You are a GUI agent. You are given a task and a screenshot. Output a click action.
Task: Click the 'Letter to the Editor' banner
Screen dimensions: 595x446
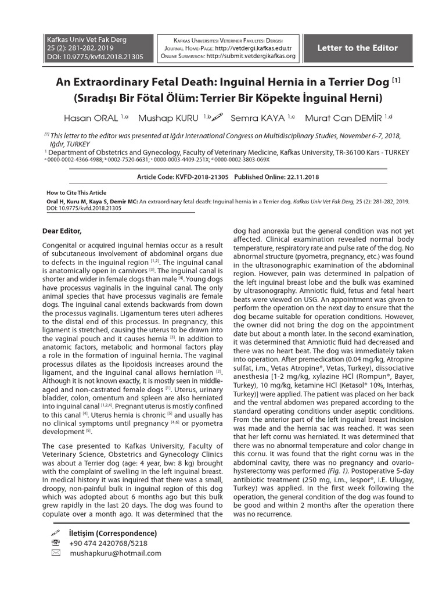[x=357, y=48]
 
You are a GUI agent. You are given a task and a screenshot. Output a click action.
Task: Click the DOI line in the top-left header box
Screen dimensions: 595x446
[x=94, y=57]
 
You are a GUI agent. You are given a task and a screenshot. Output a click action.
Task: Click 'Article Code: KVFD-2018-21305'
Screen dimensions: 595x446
[x=183, y=177]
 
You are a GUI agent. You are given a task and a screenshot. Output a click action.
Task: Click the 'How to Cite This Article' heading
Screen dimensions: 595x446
[x=76, y=193]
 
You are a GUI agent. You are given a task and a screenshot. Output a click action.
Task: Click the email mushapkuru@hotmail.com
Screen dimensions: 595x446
[x=115, y=553]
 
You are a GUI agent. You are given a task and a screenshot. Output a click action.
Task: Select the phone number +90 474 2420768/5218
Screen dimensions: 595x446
[x=108, y=543]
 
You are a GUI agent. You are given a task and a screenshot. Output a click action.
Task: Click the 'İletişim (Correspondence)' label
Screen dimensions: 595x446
[x=113, y=533]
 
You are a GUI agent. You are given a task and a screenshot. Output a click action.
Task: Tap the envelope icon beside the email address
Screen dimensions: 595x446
[x=56, y=553]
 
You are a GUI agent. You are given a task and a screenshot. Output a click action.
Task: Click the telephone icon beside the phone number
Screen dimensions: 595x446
[x=56, y=543]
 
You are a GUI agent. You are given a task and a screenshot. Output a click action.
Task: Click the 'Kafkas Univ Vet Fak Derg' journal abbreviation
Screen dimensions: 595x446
[x=87, y=40]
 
